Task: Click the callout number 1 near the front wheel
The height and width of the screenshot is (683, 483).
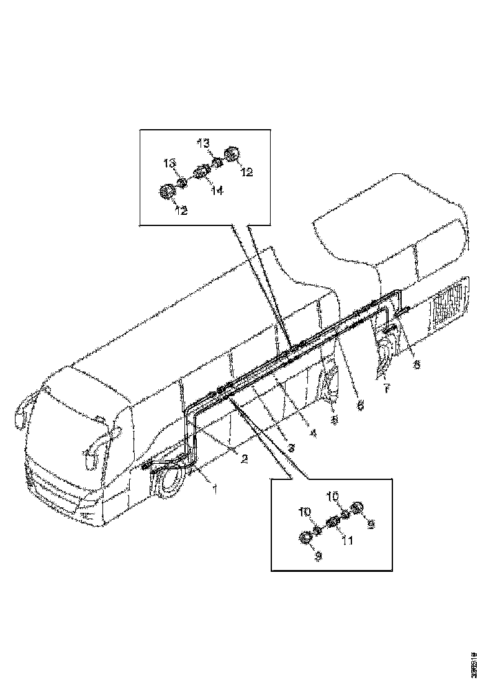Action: (x=215, y=489)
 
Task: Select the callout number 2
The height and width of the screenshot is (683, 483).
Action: (x=244, y=459)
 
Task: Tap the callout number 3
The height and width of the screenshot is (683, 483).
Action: (x=291, y=446)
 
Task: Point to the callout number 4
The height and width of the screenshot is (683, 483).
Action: (x=313, y=433)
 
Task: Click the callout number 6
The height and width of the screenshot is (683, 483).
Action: (x=359, y=404)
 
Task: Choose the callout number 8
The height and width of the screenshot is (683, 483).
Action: (x=417, y=364)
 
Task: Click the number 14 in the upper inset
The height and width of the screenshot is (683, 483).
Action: (x=217, y=191)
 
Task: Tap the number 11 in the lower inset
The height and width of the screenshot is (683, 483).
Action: (x=348, y=540)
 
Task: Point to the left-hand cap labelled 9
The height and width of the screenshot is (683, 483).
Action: (x=306, y=538)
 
